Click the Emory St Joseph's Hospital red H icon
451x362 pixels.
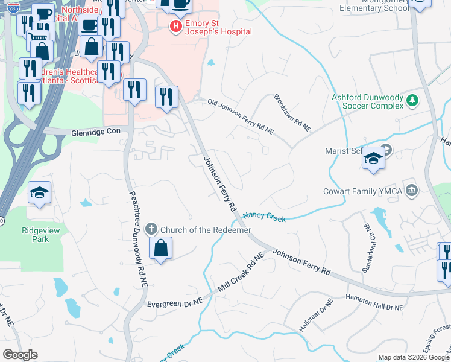coord(175,27)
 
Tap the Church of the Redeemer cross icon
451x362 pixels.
coord(151,230)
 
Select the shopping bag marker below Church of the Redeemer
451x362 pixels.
coord(160,249)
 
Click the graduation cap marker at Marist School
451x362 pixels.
coord(373,159)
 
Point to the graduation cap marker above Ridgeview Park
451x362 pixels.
coord(40,194)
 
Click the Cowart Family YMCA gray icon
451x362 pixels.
coord(412,191)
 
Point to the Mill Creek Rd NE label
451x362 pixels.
coord(241,273)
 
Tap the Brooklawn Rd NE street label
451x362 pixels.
coord(292,113)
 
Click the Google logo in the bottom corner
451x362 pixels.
coord(20,354)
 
